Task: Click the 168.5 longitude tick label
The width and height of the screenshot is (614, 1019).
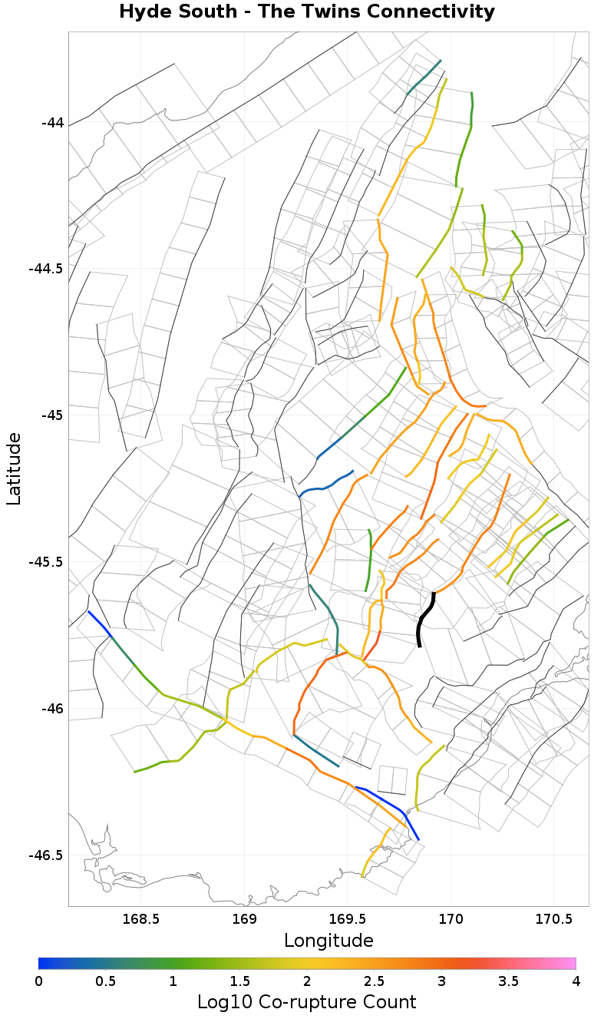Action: [x=140, y=919]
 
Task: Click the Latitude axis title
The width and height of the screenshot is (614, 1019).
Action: [x=14, y=468]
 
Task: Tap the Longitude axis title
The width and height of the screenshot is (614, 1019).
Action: [x=328, y=941]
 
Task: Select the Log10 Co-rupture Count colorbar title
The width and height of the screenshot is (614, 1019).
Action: [x=307, y=1002]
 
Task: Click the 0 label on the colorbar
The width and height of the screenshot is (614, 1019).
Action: [x=39, y=981]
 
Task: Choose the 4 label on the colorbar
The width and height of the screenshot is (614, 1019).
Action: [x=575, y=981]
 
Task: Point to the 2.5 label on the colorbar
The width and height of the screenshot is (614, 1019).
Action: [x=374, y=981]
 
